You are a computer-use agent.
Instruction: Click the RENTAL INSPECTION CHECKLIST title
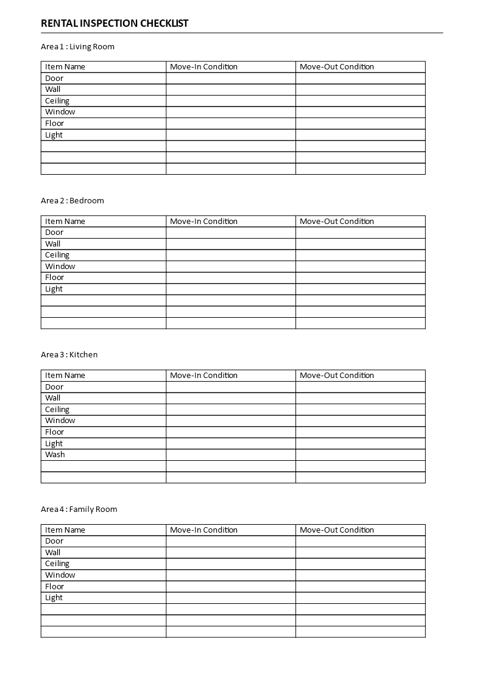115,24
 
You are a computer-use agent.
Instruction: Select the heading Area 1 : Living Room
77,47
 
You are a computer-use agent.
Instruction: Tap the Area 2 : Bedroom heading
72,201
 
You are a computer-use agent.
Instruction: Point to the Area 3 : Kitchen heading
69,355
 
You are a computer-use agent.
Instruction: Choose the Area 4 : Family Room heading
79,510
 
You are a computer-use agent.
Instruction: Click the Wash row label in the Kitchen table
55,455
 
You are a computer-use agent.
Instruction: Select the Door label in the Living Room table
54,79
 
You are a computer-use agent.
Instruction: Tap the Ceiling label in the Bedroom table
57,255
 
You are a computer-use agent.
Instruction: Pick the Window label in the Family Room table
60,575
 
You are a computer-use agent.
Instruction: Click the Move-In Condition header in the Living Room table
203,67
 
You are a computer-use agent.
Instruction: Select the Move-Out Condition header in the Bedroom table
337,222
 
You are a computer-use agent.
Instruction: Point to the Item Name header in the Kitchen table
65,376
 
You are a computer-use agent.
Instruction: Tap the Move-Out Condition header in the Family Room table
337,530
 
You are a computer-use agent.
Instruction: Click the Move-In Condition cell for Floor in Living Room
231,124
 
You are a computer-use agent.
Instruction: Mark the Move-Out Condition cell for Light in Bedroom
361,289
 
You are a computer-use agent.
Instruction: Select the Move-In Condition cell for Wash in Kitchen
231,455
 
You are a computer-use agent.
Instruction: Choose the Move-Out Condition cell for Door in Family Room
361,541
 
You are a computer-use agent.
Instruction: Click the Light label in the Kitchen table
54,444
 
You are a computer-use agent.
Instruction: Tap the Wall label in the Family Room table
53,553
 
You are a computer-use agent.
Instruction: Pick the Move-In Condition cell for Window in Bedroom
231,267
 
